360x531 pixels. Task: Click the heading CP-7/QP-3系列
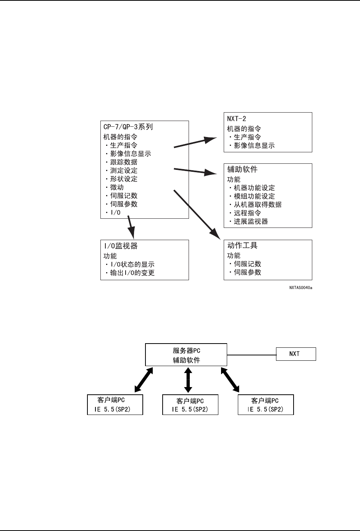pos(128,127)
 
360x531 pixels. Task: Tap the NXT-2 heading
pos(237,119)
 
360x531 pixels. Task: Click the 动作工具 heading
pos(242,245)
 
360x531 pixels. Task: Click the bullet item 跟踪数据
pos(124,162)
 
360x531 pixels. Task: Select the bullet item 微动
pos(117,187)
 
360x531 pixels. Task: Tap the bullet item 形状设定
pos(124,179)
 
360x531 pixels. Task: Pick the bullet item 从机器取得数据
pos(258,205)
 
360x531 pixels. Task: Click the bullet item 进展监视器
pos(251,221)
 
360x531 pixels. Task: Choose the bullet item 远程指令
pos(247,213)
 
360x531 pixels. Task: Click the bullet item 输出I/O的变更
pos(132,273)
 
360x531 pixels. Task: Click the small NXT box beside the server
pos(296,354)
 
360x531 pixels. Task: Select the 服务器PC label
pos(186,350)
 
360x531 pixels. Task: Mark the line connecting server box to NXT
pos(252,355)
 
